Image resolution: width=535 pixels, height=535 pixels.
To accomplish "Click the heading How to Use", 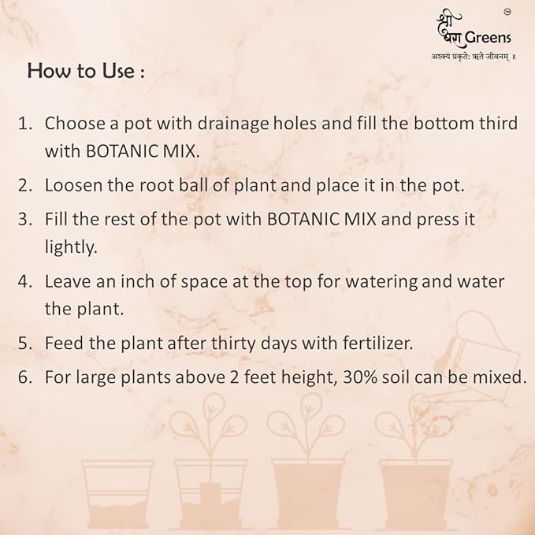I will [x=86, y=70].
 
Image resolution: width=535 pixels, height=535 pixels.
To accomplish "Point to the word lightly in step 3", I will [x=70, y=247].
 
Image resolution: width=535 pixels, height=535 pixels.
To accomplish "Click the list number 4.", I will [x=24, y=281].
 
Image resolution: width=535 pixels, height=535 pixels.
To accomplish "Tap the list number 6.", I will [x=24, y=377].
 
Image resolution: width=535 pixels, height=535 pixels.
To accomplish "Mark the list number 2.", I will [x=24, y=185].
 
